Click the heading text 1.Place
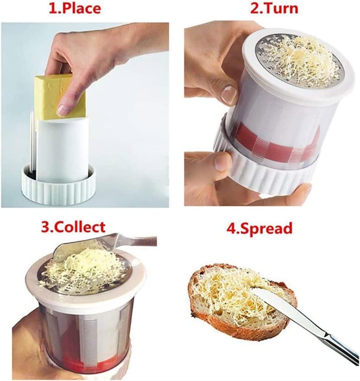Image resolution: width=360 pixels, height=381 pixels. [75, 8]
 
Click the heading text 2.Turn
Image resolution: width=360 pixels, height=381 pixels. [274, 8]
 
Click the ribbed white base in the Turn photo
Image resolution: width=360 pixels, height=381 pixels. [268, 179]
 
